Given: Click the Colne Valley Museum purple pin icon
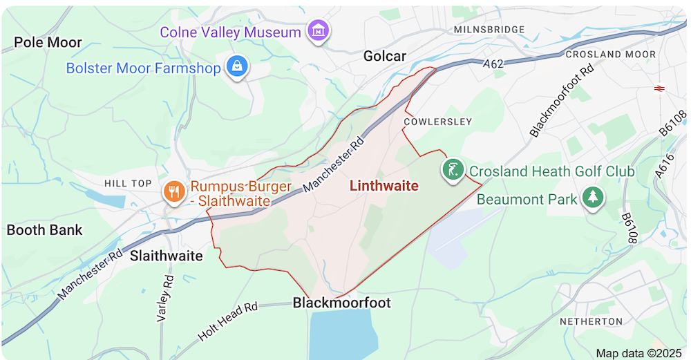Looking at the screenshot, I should tap(319, 31).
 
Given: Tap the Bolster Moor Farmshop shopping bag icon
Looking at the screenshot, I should tap(237, 67).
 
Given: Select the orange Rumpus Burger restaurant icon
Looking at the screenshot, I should tap(173, 191).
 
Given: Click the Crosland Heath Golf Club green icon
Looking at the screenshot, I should tap(453, 169).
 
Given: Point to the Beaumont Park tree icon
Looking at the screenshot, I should tap(592, 198).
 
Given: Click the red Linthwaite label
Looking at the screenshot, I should tap(384, 186).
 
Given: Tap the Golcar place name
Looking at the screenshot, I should tap(385, 56).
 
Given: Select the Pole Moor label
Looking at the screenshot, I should tap(48, 42).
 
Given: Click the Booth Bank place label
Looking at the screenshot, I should tap(44, 230).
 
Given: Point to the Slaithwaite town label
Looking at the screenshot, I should tap(167, 256).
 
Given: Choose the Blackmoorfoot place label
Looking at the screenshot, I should tap(341, 303).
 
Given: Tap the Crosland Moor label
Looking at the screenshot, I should tap(610, 54).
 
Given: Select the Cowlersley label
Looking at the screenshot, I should tap(438, 122).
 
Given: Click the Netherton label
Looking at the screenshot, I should tap(591, 321).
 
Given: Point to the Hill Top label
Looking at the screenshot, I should tap(127, 183).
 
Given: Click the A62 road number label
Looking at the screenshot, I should tap(493, 64).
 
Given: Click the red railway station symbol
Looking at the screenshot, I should tap(659, 88).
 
